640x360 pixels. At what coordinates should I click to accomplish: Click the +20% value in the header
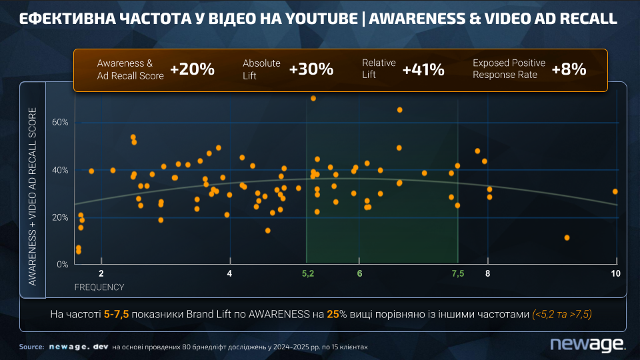pyautogui.click(x=192, y=69)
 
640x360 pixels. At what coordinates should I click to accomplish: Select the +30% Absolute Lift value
pyautogui.click(x=311, y=69)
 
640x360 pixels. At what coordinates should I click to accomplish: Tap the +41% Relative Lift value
pyautogui.click(x=423, y=69)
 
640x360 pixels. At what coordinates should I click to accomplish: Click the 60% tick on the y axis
pyautogui.click(x=61, y=123)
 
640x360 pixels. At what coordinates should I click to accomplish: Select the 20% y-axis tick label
pyautogui.click(x=61, y=217)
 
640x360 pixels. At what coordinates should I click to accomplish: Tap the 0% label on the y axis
pyautogui.click(x=63, y=265)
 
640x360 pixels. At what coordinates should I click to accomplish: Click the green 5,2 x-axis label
pyautogui.click(x=307, y=274)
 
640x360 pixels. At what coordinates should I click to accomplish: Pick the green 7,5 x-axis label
pyautogui.click(x=457, y=274)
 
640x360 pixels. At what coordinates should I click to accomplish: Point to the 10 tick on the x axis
pyautogui.click(x=615, y=274)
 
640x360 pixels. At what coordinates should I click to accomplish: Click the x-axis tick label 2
pyautogui.click(x=101, y=274)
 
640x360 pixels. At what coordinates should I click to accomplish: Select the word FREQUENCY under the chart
pyautogui.click(x=99, y=287)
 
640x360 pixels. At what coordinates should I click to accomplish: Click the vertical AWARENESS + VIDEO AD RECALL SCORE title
pyautogui.click(x=32, y=196)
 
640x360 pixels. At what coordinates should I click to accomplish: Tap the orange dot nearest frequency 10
pyautogui.click(x=615, y=191)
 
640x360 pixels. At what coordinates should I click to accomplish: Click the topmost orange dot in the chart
pyautogui.click(x=313, y=99)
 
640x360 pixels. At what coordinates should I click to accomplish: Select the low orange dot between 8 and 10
pyautogui.click(x=567, y=237)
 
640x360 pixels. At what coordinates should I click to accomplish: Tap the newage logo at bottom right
pyautogui.click(x=587, y=344)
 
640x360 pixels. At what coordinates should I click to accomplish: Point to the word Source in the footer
pyautogui.click(x=31, y=347)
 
